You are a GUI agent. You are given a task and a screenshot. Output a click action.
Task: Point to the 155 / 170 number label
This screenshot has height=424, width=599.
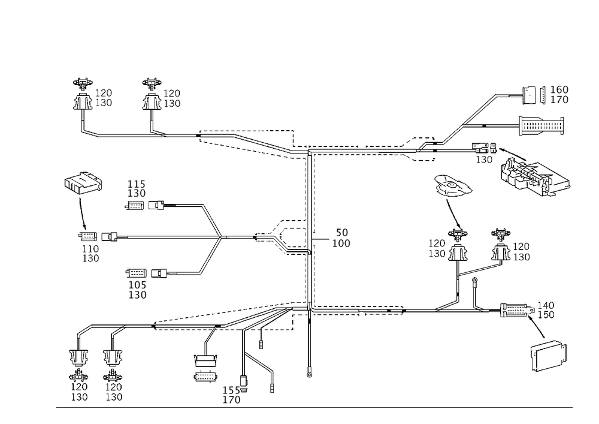pos(232,395)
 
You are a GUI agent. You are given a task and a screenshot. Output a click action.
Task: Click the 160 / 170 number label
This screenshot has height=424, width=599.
pos(559,95)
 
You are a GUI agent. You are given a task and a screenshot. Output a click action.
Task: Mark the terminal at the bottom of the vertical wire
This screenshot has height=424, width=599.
pos(310,375)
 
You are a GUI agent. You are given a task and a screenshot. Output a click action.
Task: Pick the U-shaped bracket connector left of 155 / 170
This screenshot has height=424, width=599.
pos(205,368)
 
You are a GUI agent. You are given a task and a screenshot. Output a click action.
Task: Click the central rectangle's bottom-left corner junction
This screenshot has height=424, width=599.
pos(310,310)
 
